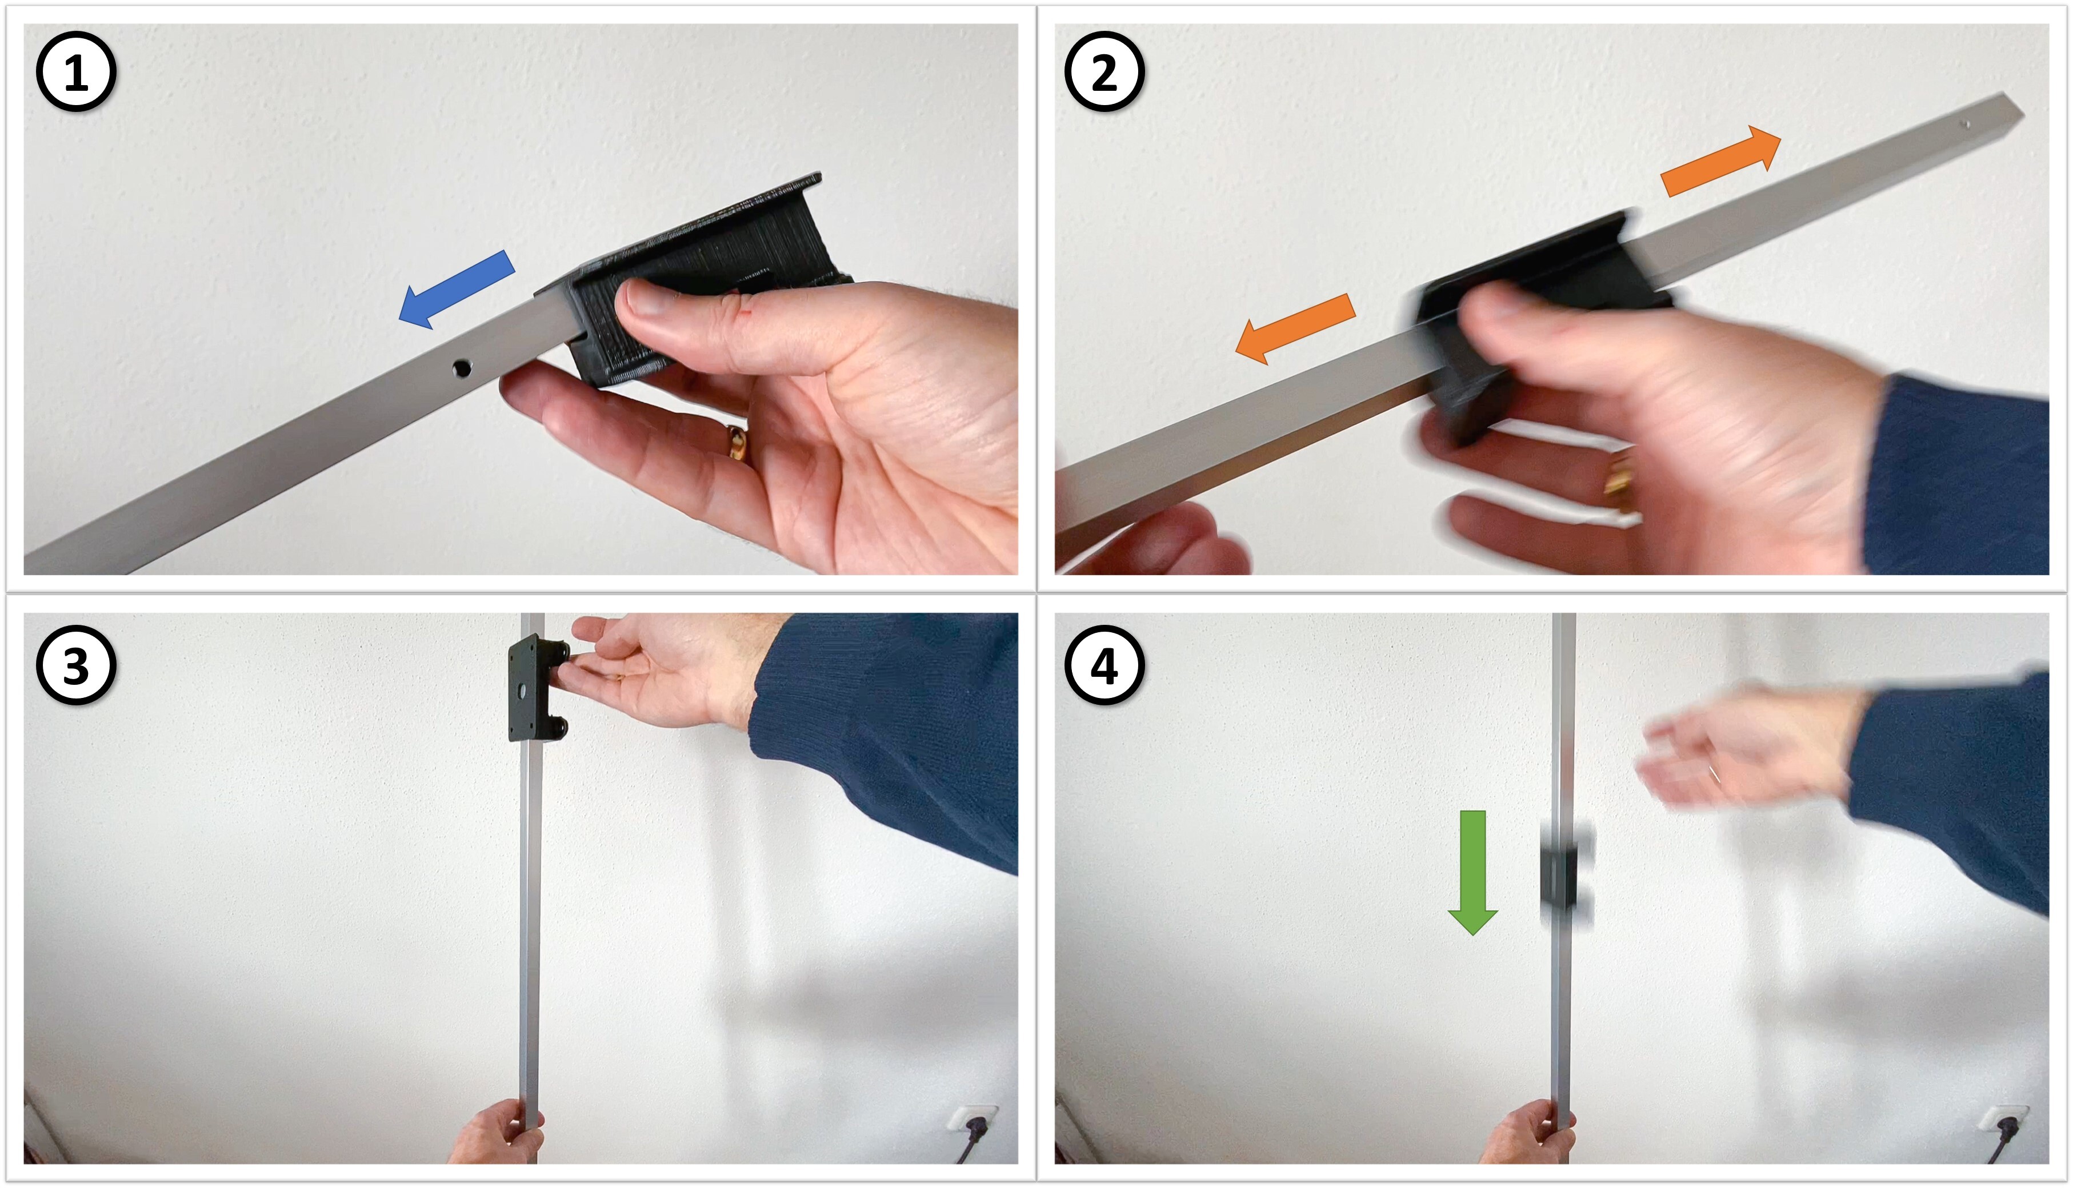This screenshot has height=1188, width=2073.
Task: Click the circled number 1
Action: pos(76,72)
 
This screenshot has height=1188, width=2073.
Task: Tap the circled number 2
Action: pos(1104,72)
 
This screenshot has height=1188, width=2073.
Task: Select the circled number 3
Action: pos(76,665)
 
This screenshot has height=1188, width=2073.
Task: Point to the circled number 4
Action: pos(1104,665)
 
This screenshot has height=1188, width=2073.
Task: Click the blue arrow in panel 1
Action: pos(456,289)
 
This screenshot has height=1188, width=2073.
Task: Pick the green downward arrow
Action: pos(1472,872)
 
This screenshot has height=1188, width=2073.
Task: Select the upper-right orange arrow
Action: pos(1720,162)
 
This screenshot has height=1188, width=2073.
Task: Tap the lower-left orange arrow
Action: pos(1296,328)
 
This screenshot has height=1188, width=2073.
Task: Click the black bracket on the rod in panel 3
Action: pos(538,688)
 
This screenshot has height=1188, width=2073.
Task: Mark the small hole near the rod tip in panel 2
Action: pos(1966,124)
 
